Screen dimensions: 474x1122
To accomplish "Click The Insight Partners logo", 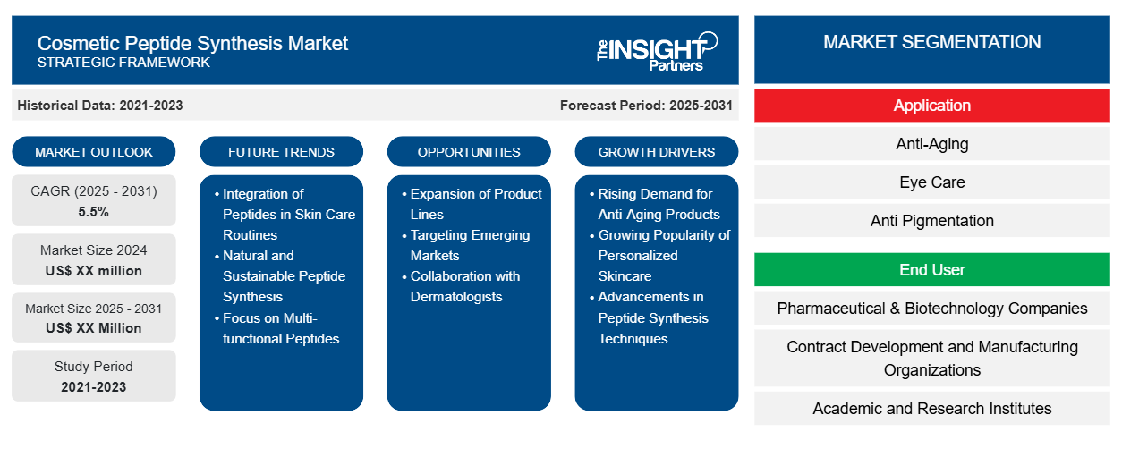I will tap(657, 50).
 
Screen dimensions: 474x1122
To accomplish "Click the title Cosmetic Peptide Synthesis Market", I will tap(192, 42).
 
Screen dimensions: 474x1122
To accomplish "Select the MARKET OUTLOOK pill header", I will tap(94, 152).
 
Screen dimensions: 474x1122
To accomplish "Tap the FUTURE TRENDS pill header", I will tap(281, 152).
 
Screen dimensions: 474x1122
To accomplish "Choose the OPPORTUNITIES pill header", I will tap(469, 152).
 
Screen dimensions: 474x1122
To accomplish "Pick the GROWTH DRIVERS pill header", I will tap(657, 152).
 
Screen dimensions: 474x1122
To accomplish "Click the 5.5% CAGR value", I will tap(94, 212).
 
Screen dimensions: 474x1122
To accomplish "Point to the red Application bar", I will tap(931, 106).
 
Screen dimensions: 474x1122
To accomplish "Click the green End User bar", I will tap(931, 269).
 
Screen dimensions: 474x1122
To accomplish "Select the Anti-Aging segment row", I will tap(931, 144).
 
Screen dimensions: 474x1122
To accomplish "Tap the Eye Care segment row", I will tap(931, 182).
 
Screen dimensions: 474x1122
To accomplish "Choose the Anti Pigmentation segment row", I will tap(931, 221).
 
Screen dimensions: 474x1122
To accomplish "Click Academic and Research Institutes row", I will tap(931, 409).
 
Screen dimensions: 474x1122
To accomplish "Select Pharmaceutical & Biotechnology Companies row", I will tap(931, 309).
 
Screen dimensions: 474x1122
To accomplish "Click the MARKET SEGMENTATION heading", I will tap(931, 42).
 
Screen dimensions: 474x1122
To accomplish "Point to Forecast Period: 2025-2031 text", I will tap(646, 106).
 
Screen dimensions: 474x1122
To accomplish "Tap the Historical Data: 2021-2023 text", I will tap(100, 106).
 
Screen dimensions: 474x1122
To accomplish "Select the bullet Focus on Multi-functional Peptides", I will tap(281, 328).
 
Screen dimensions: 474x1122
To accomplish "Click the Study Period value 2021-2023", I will tap(94, 387).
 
